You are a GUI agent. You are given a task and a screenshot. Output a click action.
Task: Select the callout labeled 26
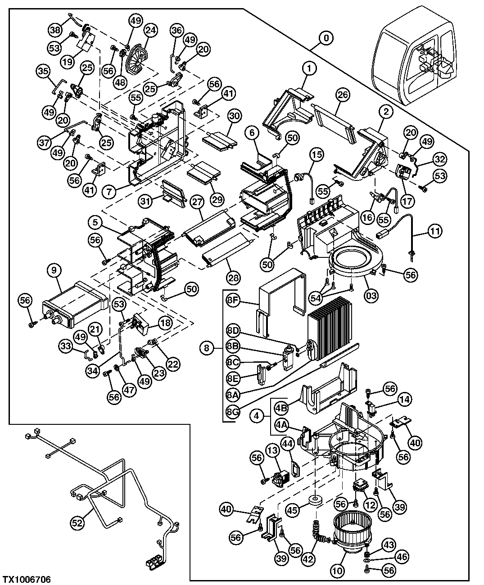click(x=343, y=94)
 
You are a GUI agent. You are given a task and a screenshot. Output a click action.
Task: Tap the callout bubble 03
click(x=371, y=296)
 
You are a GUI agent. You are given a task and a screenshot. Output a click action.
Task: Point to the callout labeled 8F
click(x=232, y=301)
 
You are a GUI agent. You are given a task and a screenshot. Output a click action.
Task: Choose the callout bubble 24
click(x=150, y=31)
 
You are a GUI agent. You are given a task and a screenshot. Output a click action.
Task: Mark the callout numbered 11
click(x=434, y=232)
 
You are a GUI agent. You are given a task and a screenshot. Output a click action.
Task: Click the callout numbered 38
click(x=55, y=30)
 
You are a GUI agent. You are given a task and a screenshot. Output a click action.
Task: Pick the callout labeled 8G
click(x=232, y=411)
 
